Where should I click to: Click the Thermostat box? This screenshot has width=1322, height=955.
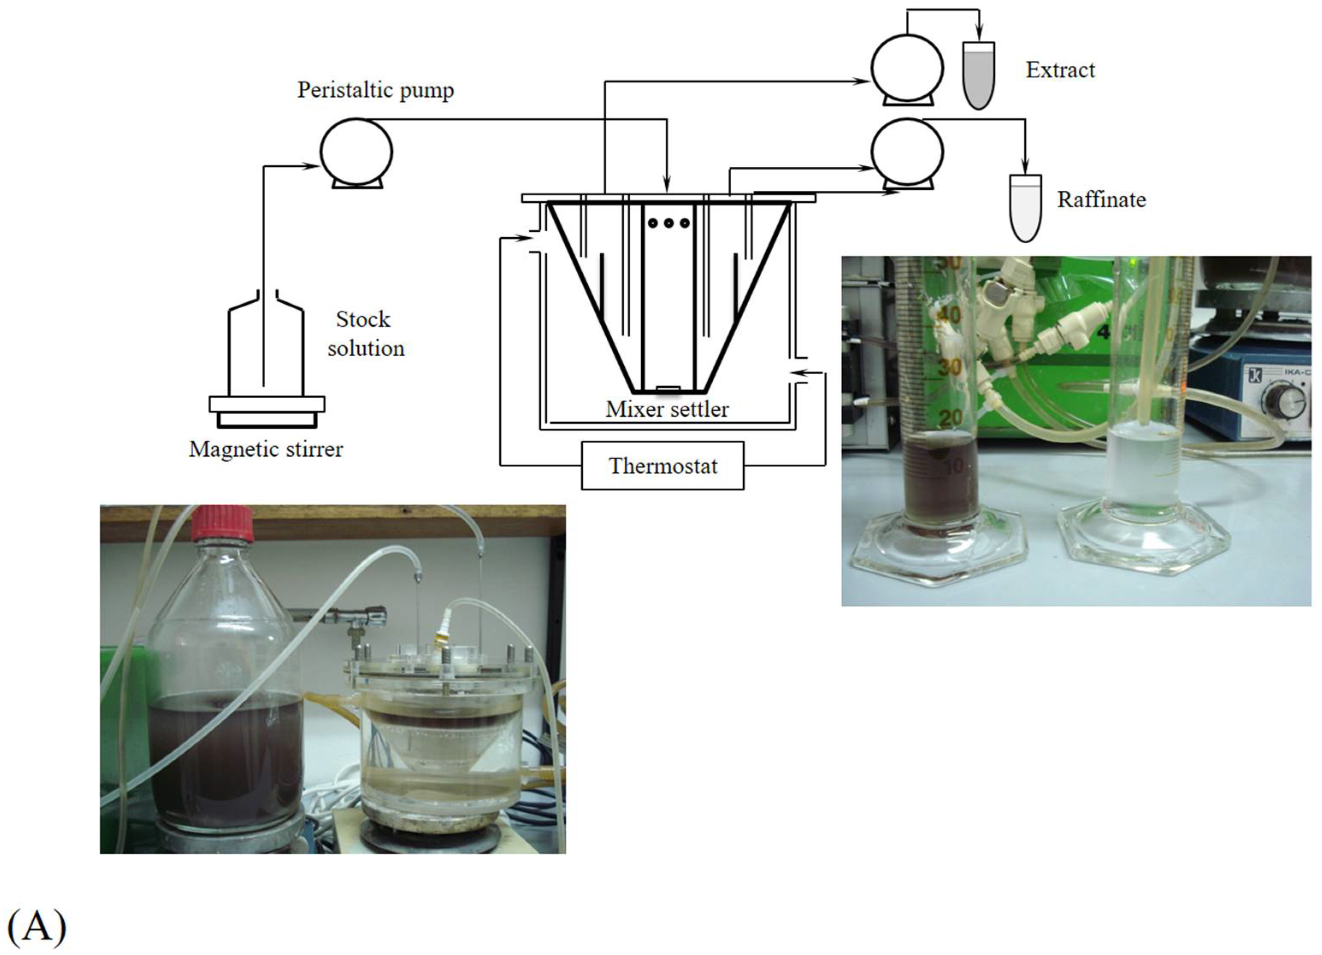(663, 466)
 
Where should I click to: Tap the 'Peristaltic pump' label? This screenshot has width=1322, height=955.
(375, 90)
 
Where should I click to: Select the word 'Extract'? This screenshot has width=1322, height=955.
(1060, 70)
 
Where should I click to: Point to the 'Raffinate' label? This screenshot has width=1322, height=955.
(1101, 200)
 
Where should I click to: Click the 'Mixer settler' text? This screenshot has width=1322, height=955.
(667, 409)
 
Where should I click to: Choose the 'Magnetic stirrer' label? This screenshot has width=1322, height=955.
(266, 449)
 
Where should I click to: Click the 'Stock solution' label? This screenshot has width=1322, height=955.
(365, 334)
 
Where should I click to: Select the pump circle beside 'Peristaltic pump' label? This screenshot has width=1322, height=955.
(356, 151)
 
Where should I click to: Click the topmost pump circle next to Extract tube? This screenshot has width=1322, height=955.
(907, 68)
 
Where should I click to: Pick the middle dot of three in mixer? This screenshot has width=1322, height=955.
(669, 223)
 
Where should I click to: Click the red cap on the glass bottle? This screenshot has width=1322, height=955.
(223, 523)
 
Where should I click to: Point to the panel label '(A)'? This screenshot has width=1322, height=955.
(36, 926)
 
